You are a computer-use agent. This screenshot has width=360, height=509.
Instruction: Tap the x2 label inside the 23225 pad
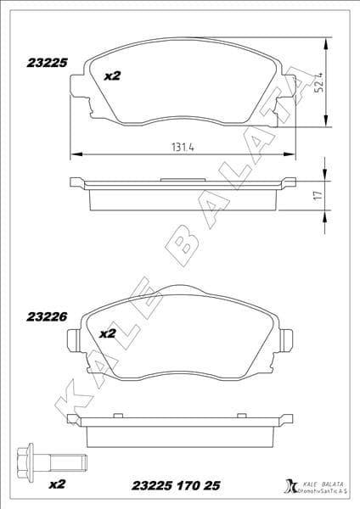coord(111,76)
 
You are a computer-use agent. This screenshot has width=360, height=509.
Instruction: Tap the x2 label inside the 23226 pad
coord(107,333)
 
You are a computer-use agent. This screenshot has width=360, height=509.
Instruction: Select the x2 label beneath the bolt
coord(58,484)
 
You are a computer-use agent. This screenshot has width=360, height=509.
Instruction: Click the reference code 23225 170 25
coord(177,485)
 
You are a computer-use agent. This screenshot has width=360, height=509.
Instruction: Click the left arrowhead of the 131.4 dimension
coord(73,154)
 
